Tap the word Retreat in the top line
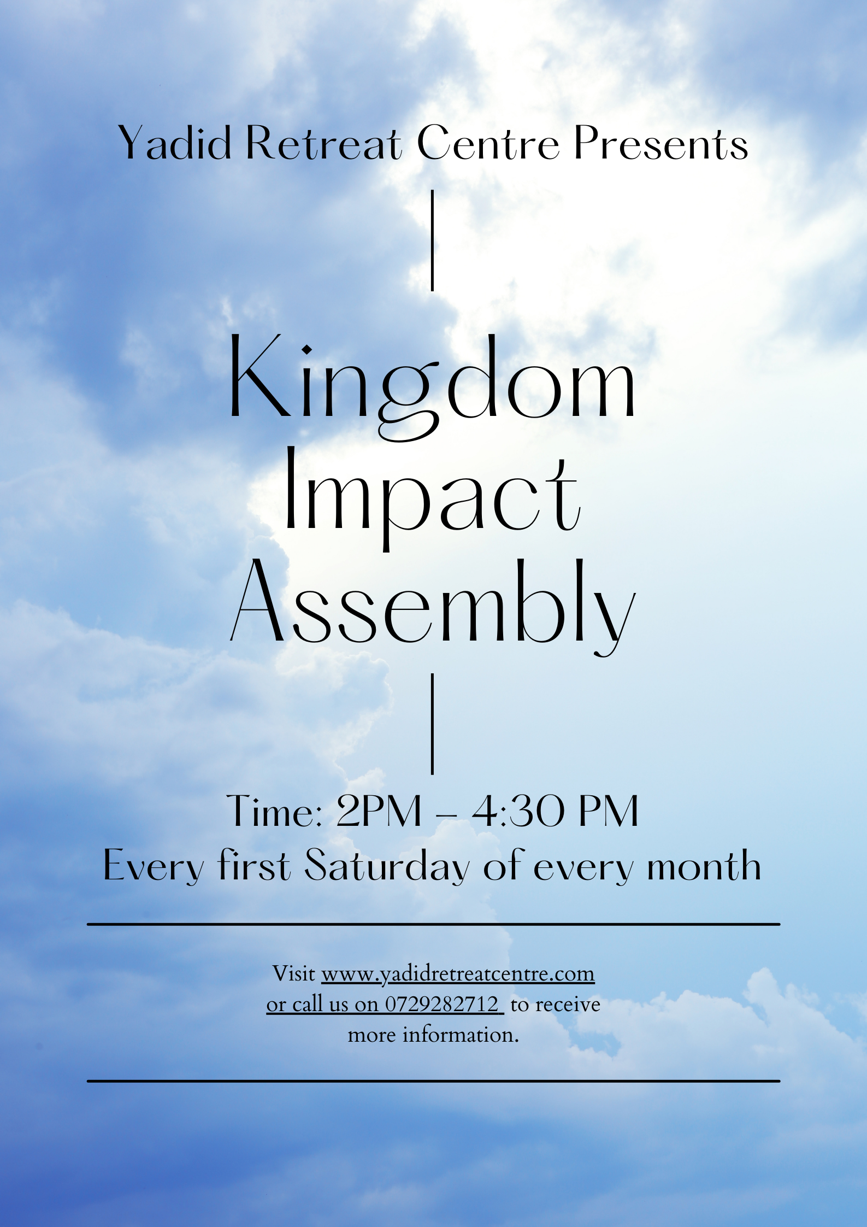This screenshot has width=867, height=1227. point(324,143)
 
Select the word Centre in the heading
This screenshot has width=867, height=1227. point(488,143)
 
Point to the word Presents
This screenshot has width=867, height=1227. point(661,143)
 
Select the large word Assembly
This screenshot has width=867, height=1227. point(433,607)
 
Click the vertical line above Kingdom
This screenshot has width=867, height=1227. point(433,240)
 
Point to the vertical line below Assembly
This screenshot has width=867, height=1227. point(433,724)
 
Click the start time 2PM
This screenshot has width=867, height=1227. point(379,811)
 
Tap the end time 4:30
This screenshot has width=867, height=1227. point(517,811)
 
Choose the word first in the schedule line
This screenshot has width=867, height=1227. point(254,865)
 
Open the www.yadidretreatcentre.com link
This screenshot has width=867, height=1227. point(458,973)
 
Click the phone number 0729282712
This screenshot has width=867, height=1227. point(442,1004)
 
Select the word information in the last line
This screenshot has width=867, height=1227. point(461,1035)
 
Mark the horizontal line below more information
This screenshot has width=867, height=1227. point(433,1081)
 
